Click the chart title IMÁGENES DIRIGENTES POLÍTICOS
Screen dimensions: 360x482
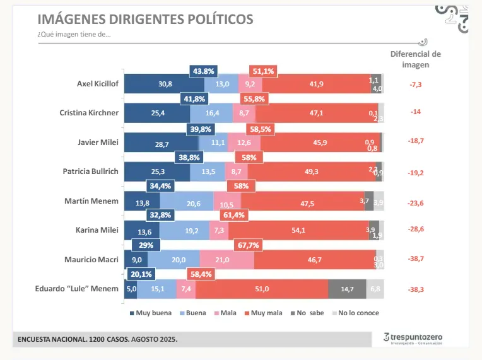(145, 19)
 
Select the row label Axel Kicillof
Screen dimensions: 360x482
(97, 83)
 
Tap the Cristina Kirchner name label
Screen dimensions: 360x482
(90, 113)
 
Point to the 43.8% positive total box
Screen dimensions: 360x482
(204, 71)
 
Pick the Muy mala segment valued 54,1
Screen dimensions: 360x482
(298, 230)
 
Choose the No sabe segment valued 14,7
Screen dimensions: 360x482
(346, 289)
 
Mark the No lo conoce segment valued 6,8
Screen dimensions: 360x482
(375, 289)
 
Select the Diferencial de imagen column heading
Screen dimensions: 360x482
(415, 59)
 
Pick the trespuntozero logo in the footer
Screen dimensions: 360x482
(413, 339)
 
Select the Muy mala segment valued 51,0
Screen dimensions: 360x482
(261, 289)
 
